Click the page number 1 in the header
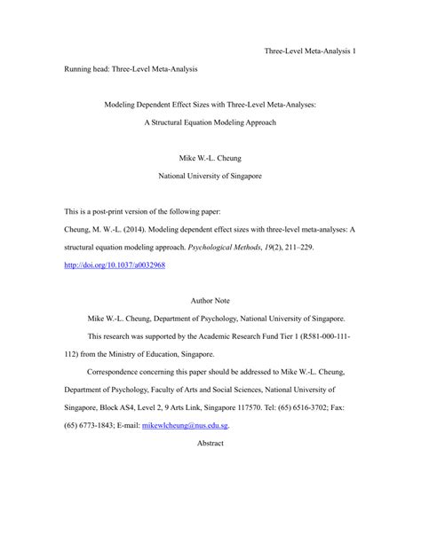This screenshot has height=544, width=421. pyautogui.click(x=354, y=51)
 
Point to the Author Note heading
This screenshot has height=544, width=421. pyautogui.click(x=210, y=302)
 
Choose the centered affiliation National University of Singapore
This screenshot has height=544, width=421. pyautogui.click(x=210, y=175)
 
